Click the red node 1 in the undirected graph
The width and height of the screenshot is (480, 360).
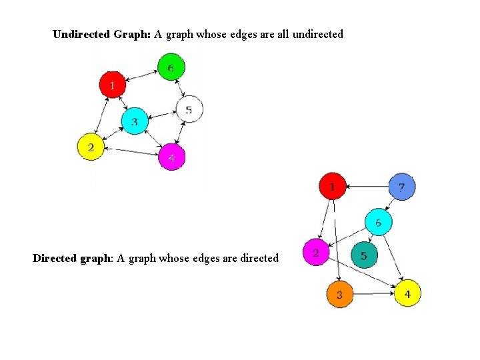click(x=113, y=85)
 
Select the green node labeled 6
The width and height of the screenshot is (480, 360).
click(x=171, y=67)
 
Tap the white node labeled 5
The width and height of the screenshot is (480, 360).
click(x=189, y=109)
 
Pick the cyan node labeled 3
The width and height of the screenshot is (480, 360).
click(x=134, y=121)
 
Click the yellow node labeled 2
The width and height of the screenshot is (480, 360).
click(x=91, y=147)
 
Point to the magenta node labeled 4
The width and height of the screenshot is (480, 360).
click(x=171, y=157)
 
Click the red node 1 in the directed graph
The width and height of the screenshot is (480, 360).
click(x=333, y=186)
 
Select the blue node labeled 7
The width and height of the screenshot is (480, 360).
click(x=401, y=187)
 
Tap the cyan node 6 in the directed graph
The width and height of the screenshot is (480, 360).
click(x=378, y=222)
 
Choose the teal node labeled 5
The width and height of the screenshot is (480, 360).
click(x=363, y=255)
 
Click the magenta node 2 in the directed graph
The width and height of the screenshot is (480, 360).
click(x=315, y=253)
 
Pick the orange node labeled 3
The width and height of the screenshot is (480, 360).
click(x=339, y=294)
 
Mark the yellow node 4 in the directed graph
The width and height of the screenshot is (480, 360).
click(x=407, y=293)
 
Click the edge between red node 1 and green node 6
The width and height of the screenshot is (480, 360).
click(x=141, y=75)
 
